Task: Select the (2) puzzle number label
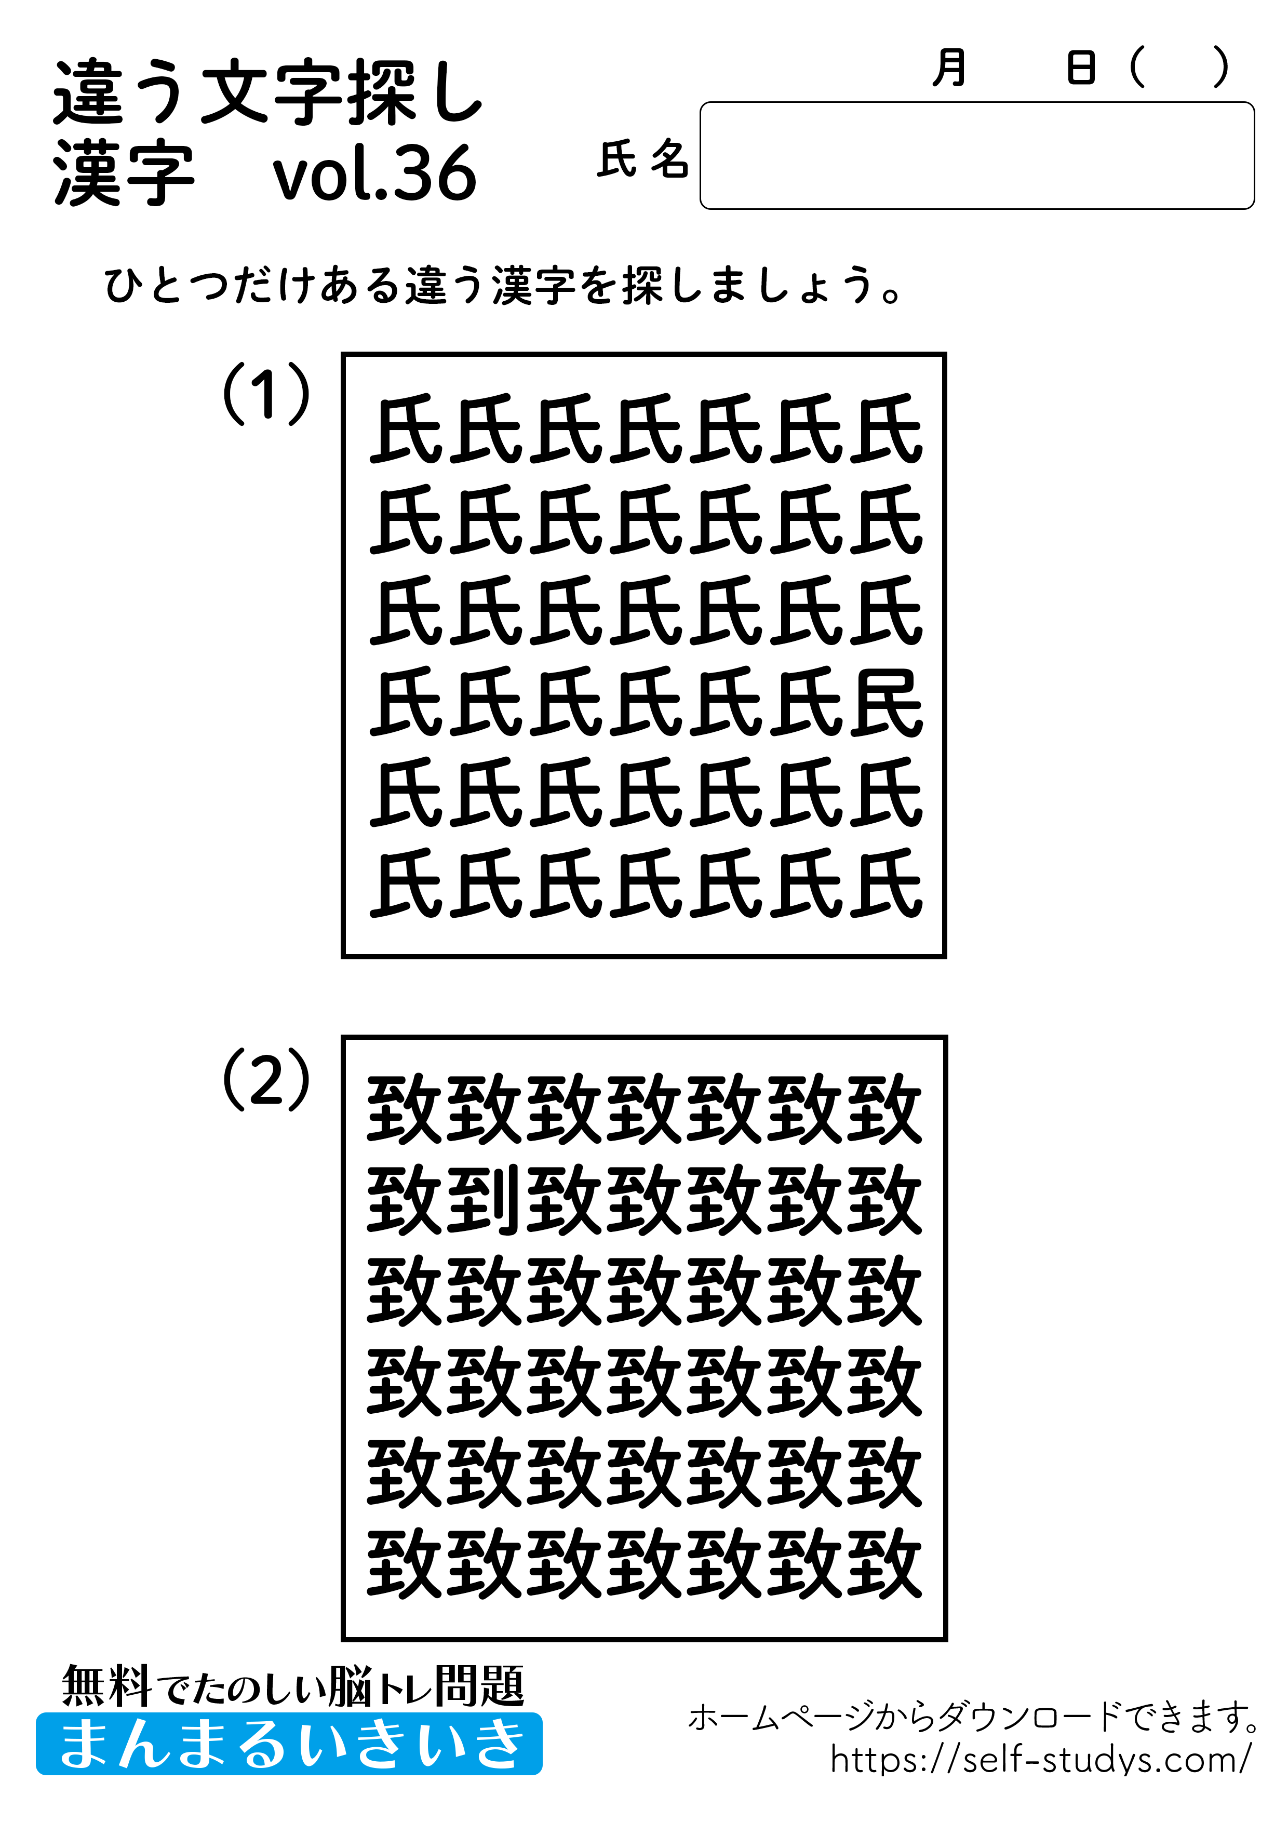[266, 1079]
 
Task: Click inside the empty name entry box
[976, 155]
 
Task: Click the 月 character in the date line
[949, 68]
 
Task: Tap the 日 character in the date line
[1081, 68]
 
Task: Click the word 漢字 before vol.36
[124, 173]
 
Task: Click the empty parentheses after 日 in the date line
[1178, 68]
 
